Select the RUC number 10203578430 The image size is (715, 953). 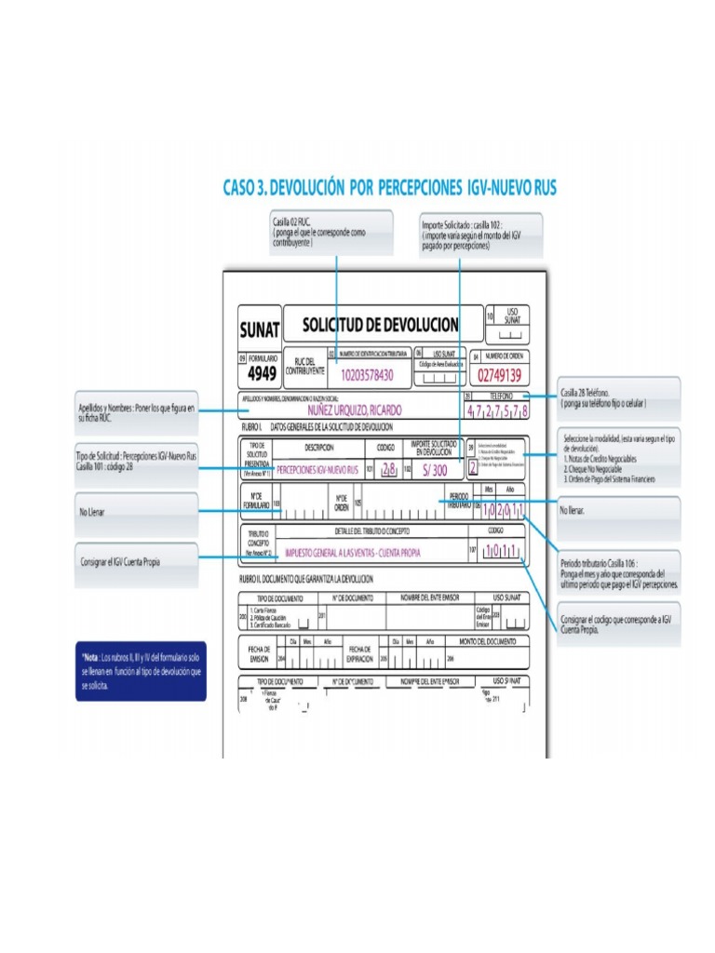point(367,376)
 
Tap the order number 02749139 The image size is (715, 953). point(497,376)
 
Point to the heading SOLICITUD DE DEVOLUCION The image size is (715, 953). point(381,325)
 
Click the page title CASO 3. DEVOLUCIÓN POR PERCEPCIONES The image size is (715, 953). point(389,188)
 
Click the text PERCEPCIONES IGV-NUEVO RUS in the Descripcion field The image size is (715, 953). point(317,471)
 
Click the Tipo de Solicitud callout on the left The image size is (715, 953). point(136,462)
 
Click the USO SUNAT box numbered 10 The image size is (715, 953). point(511,321)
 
